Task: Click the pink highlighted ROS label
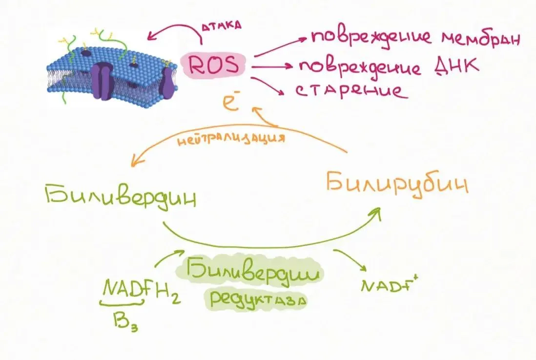tap(213, 64)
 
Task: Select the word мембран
tap(481, 38)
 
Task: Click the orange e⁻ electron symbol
tap(231, 101)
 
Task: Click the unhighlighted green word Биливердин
tap(121, 198)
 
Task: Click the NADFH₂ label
tap(141, 290)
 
